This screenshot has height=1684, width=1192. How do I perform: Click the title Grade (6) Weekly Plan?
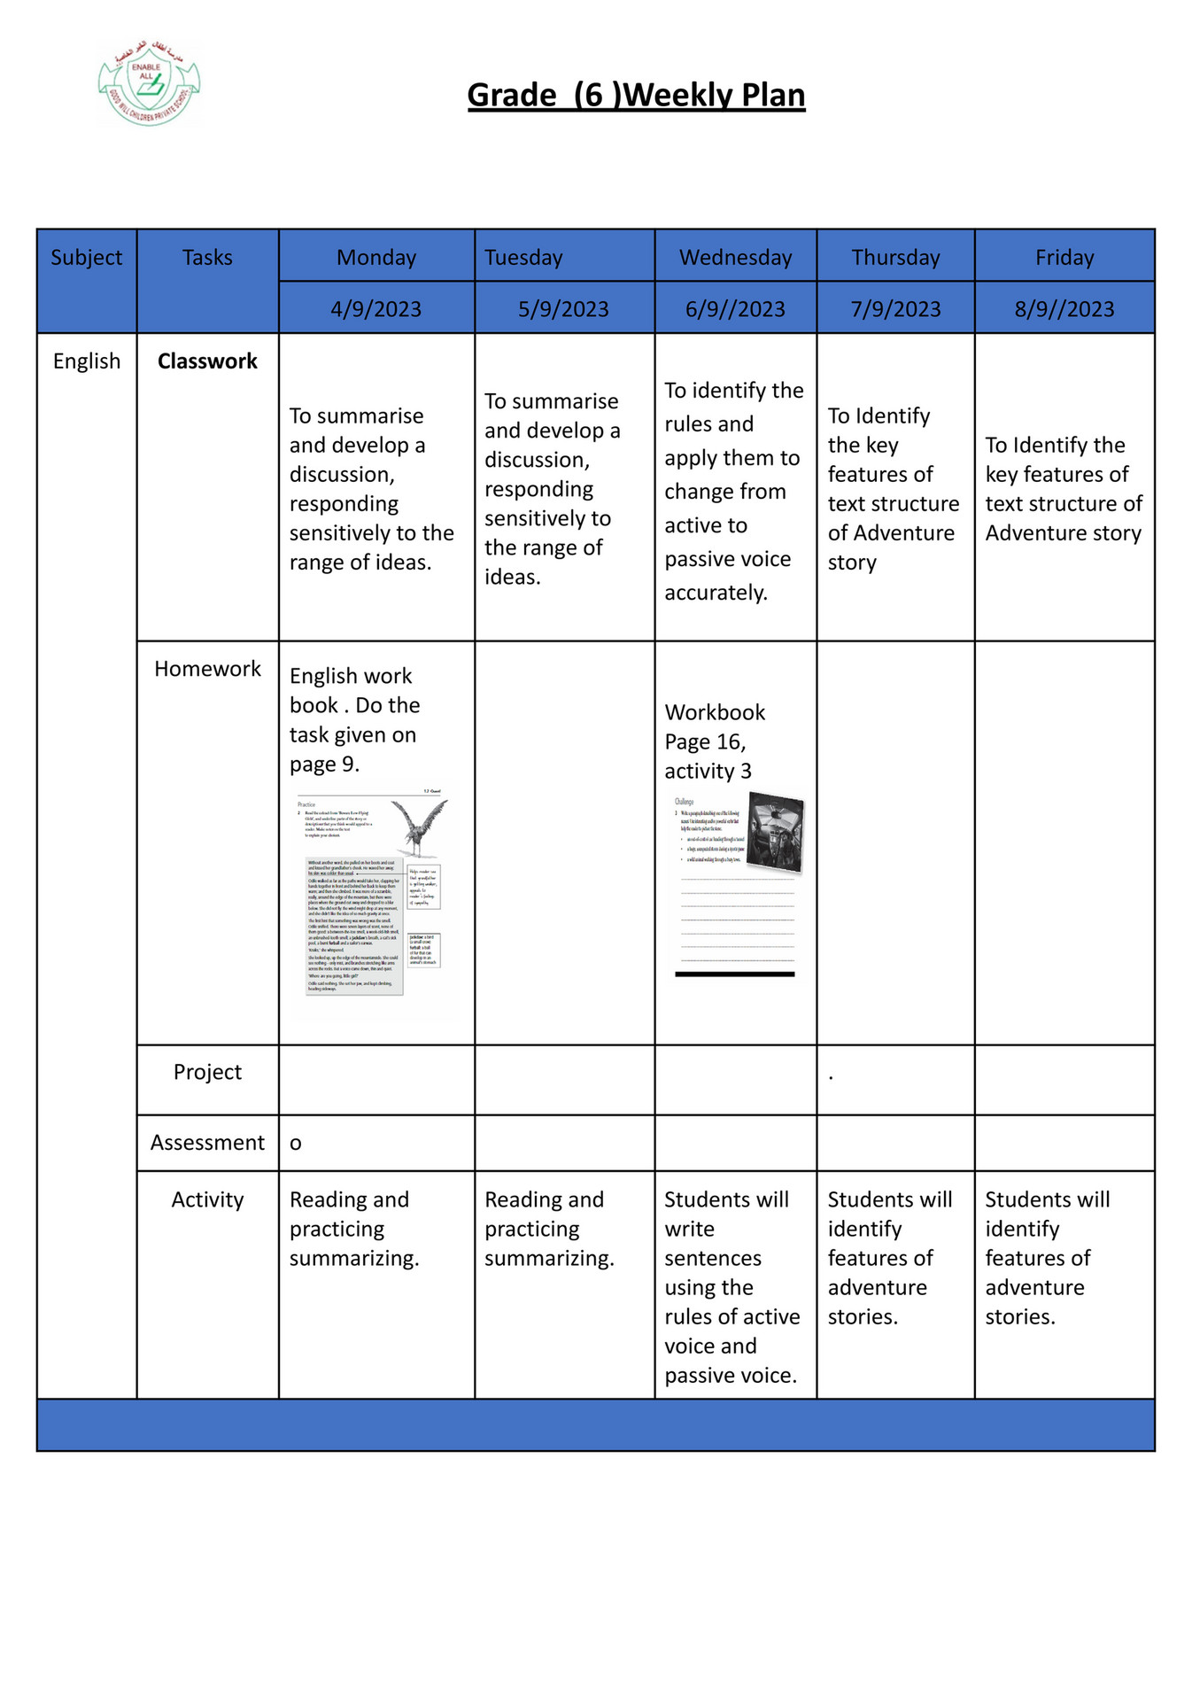coord(636,95)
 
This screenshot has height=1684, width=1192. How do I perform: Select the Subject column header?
coord(86,258)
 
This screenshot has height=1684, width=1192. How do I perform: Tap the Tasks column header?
coord(207,258)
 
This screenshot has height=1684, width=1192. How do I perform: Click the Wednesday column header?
coord(735,258)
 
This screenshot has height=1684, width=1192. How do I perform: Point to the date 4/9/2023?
coord(375,309)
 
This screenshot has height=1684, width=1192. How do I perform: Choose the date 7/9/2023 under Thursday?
coord(895,309)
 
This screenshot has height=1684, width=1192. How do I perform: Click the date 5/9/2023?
coord(563,309)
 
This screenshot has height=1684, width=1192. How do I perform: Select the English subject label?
coord(87,361)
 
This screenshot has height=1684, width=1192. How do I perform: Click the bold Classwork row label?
coord(207,361)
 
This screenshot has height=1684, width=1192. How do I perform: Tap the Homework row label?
coord(207,669)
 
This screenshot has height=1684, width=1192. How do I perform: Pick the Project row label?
coord(207,1072)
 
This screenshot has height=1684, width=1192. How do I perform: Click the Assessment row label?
coord(207,1143)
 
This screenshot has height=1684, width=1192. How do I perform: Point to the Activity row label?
coord(207,1199)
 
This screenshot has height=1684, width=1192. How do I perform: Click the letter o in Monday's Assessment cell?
coord(296,1144)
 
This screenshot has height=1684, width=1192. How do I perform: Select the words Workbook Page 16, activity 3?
coord(714,741)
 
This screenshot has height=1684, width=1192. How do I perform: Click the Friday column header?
coord(1064,258)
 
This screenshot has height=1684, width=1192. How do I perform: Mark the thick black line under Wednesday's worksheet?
coord(734,974)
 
